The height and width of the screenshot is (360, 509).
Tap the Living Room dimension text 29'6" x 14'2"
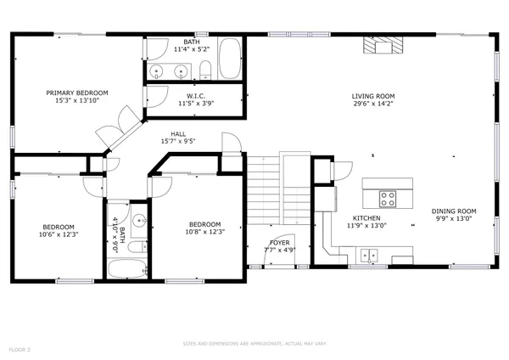(x=373, y=105)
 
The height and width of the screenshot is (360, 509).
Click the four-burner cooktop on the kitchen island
(x=388, y=199)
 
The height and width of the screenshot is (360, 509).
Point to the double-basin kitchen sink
(x=368, y=253)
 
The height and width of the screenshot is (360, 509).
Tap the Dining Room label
(x=454, y=211)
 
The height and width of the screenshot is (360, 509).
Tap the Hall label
(x=177, y=133)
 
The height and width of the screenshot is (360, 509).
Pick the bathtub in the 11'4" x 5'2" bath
(x=230, y=58)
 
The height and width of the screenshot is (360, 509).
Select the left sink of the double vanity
(x=158, y=70)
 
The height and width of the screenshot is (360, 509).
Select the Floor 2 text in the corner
(x=19, y=349)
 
